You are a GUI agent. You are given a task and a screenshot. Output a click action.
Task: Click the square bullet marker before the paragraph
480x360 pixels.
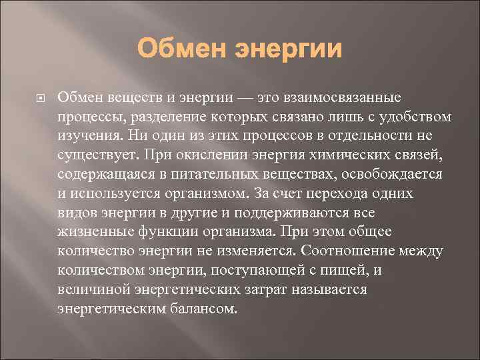[39, 99]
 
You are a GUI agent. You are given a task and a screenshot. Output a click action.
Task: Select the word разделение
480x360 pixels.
[170, 117]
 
